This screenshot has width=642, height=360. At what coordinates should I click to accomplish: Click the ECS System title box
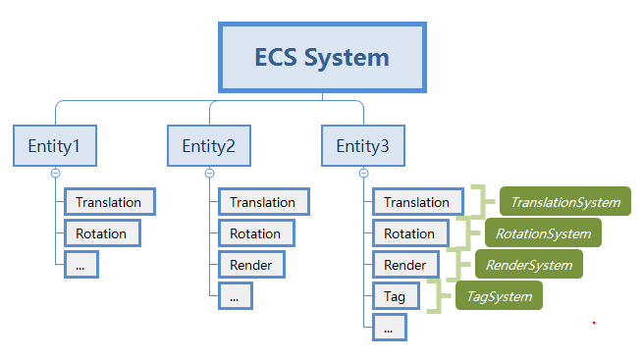tap(322, 58)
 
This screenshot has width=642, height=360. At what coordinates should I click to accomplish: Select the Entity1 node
tap(55, 146)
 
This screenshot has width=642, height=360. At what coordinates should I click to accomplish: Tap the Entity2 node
tap(209, 146)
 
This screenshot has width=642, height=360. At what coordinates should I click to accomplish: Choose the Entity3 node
tap(362, 146)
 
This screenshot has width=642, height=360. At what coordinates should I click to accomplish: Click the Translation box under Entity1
tap(109, 202)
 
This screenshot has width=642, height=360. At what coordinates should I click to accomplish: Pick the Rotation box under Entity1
tap(102, 233)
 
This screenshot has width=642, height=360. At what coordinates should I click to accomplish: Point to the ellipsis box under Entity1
tap(81, 264)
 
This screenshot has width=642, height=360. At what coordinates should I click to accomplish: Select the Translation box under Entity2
tap(263, 202)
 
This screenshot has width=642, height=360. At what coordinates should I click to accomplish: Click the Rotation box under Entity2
tap(255, 233)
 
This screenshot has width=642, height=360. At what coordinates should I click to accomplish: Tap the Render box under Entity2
tap(251, 264)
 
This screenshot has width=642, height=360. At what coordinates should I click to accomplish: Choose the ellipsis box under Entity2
tap(235, 294)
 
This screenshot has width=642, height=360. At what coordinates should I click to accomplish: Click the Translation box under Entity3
tap(417, 202)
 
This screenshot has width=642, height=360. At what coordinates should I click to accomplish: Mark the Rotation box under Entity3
tap(409, 233)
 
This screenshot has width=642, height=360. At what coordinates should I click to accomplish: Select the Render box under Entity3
tap(405, 265)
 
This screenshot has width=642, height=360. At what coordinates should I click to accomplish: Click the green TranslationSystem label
tap(564, 202)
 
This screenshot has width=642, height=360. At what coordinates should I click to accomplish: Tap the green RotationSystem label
tap(543, 233)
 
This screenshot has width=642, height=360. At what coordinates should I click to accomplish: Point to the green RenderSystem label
tap(528, 265)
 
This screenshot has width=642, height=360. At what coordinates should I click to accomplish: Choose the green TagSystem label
tap(500, 295)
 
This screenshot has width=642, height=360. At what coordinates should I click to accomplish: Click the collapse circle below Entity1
tap(55, 173)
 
